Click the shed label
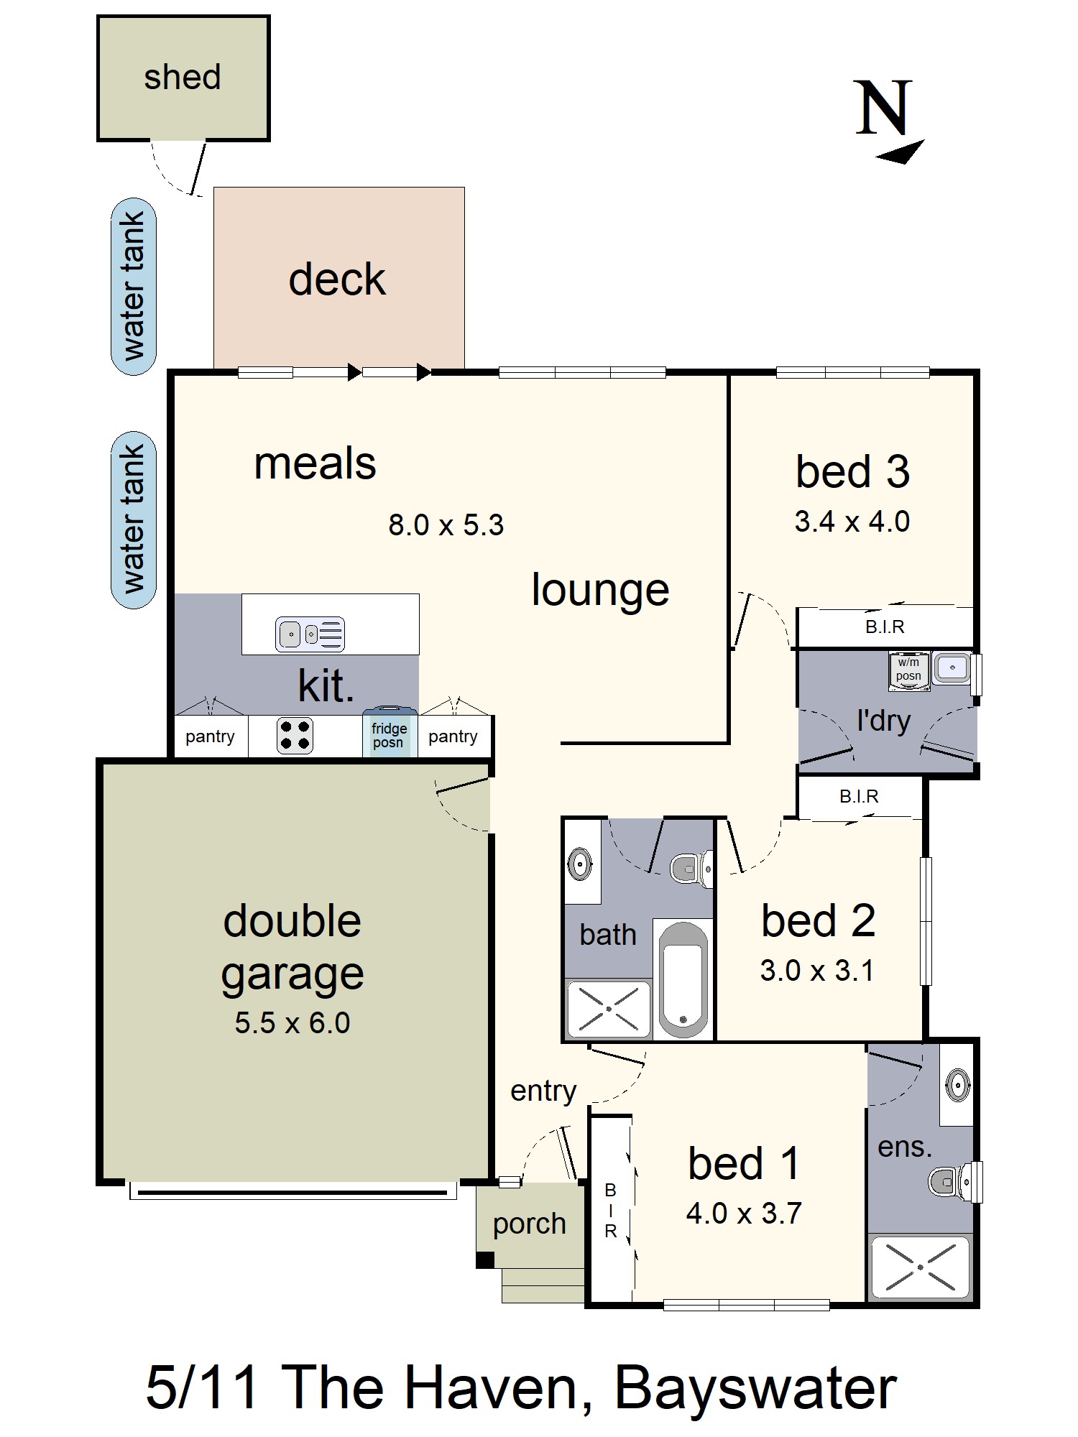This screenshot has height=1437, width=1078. (183, 78)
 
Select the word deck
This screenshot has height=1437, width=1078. (337, 279)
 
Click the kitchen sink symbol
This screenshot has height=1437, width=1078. (310, 634)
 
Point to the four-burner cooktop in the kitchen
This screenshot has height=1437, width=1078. (295, 735)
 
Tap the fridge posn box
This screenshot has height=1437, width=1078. (389, 735)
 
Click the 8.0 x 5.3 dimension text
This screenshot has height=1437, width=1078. (446, 525)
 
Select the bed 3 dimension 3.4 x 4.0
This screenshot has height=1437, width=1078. (852, 522)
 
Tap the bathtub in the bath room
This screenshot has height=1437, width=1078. (683, 980)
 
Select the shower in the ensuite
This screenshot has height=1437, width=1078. (920, 1267)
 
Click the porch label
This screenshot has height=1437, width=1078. (530, 1224)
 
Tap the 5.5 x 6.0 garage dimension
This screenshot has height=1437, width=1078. (292, 1023)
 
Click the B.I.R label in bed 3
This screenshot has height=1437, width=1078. (885, 627)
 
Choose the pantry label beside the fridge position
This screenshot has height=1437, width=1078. (453, 736)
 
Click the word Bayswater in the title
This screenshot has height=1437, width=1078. (755, 1388)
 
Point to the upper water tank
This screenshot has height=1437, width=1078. (134, 286)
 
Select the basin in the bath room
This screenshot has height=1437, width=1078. (579, 863)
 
